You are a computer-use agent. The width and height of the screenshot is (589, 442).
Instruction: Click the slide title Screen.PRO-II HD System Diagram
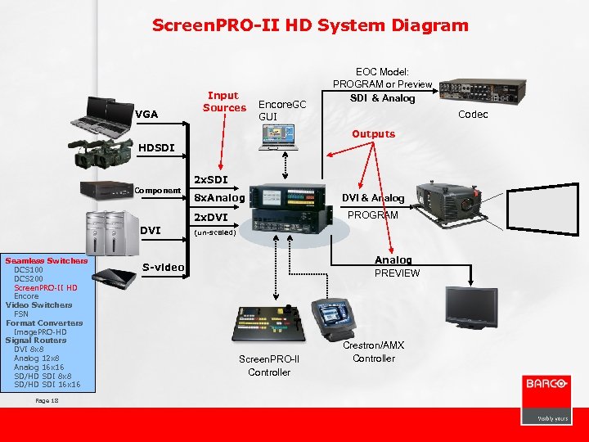click(x=310, y=25)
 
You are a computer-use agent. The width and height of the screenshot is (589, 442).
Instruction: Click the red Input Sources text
click(x=224, y=101)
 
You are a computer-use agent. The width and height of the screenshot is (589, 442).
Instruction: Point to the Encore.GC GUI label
click(x=281, y=110)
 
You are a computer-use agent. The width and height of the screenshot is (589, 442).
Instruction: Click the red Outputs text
click(x=373, y=133)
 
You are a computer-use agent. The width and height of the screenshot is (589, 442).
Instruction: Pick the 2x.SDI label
click(x=210, y=179)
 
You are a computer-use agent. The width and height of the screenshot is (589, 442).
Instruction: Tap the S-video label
click(x=163, y=267)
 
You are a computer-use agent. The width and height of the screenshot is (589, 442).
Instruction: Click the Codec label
click(x=473, y=115)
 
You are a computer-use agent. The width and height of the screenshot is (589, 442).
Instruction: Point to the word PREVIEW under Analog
click(x=397, y=273)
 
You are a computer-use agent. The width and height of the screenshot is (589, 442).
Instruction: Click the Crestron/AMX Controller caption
click(x=374, y=352)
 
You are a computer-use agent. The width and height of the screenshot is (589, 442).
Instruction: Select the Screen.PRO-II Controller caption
click(x=269, y=366)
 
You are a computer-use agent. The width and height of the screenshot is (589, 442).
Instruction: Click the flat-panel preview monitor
click(x=471, y=308)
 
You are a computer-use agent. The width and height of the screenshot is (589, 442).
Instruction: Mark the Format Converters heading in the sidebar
click(x=44, y=322)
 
